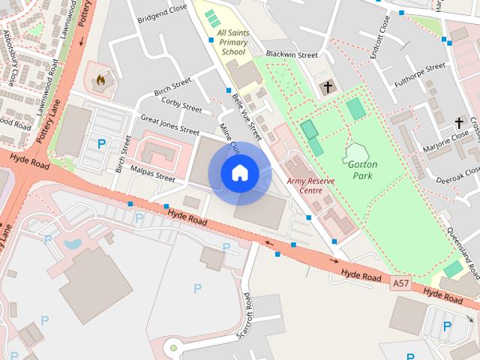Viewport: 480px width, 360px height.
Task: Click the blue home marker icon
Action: click(239, 172)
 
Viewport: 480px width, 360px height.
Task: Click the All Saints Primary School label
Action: click(231, 43)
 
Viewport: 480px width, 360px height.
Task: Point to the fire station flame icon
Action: click(101, 78)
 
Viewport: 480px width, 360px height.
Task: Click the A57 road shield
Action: click(401, 283)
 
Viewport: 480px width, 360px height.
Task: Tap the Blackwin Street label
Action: click(292, 55)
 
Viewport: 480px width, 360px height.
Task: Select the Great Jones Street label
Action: click(169, 123)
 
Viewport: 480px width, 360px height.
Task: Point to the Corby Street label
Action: click(181, 105)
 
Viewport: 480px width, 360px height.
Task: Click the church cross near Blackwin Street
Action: click(327, 87)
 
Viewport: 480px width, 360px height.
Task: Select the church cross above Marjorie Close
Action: click(459, 121)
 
